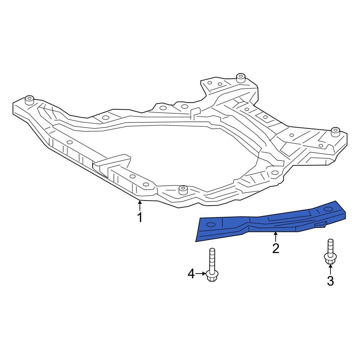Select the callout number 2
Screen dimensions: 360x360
point(276,248)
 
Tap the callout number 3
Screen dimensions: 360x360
point(330,280)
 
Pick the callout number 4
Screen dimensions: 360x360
point(191,274)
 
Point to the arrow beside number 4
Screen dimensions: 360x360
point(200,274)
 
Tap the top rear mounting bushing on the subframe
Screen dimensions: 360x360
point(240,78)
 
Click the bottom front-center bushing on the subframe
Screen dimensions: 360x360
point(184,190)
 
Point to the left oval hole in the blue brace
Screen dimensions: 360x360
point(210,225)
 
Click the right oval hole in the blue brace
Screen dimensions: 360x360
point(328,209)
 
